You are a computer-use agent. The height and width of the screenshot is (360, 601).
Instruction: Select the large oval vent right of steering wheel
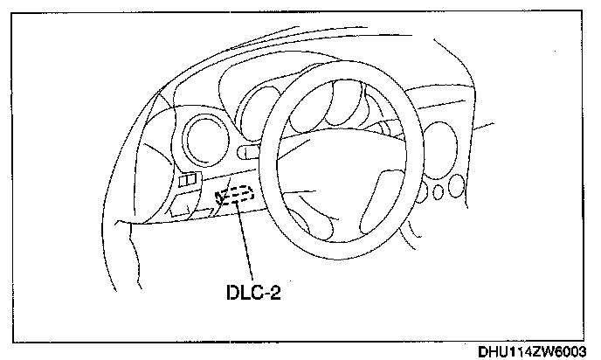tap(437, 149)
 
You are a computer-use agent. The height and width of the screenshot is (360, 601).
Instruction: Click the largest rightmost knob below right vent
tap(456, 188)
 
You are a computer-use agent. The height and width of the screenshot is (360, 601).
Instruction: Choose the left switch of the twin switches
tap(184, 181)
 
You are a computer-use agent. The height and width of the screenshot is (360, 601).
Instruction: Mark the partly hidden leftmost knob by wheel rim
tap(425, 191)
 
